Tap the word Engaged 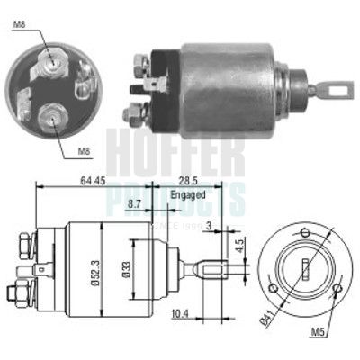pyautogui.click(x=187, y=194)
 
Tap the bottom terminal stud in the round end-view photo pyautogui.click(x=52, y=115)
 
